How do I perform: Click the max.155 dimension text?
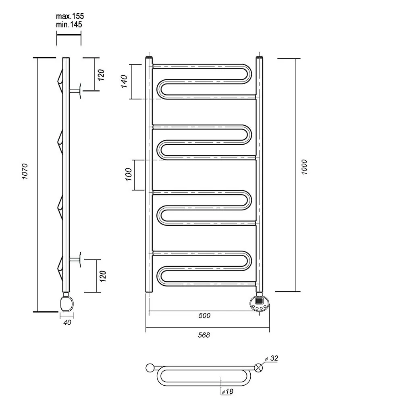(x=70, y=16)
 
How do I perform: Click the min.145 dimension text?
(x=69, y=25)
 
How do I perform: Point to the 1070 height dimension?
(x=25, y=171)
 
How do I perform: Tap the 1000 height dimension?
(x=304, y=167)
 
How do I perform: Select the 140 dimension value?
(x=124, y=81)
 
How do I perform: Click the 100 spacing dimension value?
(x=129, y=174)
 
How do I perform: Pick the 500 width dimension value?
(x=204, y=316)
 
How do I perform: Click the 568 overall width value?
(x=204, y=335)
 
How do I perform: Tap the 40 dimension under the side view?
(x=67, y=322)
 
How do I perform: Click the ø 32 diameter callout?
(x=272, y=358)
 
